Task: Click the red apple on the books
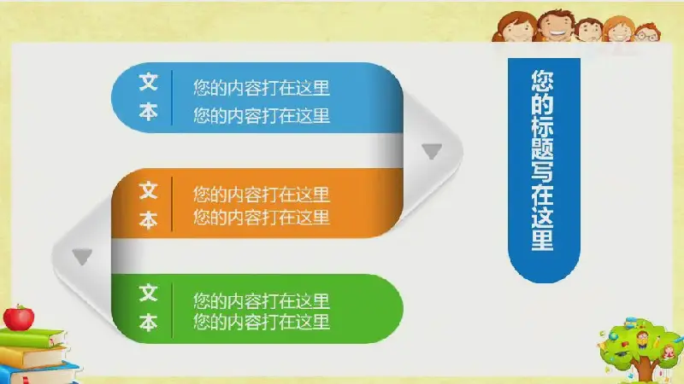(x=18, y=317)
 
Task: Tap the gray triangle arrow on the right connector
(x=432, y=151)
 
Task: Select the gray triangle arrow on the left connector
(x=82, y=257)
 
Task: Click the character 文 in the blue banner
(x=148, y=82)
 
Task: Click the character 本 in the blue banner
(x=148, y=112)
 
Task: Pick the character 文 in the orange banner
(x=148, y=190)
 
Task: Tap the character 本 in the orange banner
(x=148, y=220)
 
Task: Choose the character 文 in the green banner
(x=148, y=293)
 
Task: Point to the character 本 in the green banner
(x=148, y=323)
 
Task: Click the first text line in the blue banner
(x=262, y=88)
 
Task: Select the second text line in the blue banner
(x=262, y=116)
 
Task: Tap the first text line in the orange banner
(x=262, y=195)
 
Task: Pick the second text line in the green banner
(x=262, y=322)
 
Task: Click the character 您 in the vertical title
(x=543, y=80)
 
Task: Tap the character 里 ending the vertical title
(x=543, y=240)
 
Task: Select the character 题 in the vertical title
(x=543, y=148)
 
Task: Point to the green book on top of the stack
(x=32, y=338)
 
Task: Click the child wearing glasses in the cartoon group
(x=648, y=32)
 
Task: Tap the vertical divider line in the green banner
(x=173, y=310)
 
